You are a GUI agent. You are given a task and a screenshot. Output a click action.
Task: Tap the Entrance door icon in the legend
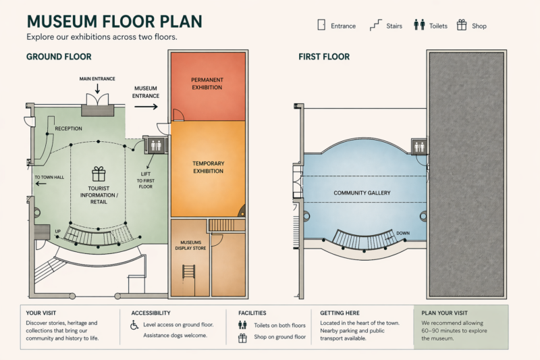[321, 26]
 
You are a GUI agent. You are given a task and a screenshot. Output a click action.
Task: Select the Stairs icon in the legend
[376, 26]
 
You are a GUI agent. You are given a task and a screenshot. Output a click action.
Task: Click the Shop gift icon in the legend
[462, 26]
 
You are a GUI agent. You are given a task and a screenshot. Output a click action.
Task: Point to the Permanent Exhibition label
[207, 84]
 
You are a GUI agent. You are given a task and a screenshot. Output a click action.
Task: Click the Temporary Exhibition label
[208, 167]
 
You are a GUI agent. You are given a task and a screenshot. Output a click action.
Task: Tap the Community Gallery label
[362, 193]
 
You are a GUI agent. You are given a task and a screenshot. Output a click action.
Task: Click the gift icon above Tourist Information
[99, 174]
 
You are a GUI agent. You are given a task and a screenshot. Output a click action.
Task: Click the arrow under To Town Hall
[41, 184]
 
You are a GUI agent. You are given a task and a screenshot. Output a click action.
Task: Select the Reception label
[68, 128]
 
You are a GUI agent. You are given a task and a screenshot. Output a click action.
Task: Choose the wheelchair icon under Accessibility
[134, 325]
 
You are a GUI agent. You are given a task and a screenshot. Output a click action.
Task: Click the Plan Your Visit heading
[444, 313]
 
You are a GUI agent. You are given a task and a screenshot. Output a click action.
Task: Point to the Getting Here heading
[342, 313]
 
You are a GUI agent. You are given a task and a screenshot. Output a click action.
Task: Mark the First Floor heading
[324, 57]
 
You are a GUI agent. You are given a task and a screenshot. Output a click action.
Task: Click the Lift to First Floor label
[145, 180]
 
